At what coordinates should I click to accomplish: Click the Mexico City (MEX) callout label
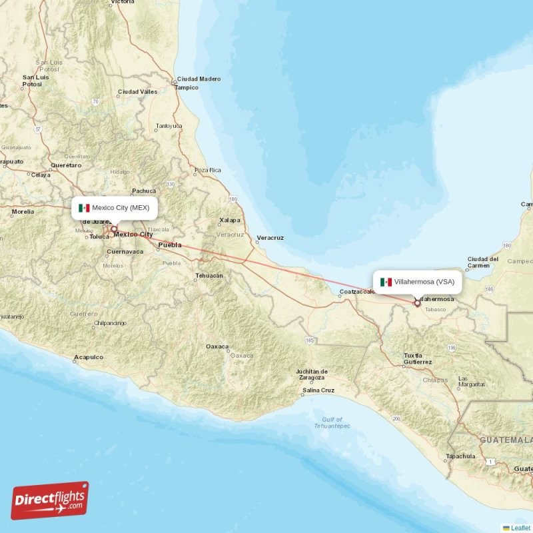coord(115,208)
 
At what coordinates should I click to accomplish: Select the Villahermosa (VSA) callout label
coord(418,282)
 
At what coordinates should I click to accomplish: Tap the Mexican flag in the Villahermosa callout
coord(386,282)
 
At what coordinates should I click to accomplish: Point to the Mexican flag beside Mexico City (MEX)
coord(84,208)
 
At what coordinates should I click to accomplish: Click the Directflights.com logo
coord(50,500)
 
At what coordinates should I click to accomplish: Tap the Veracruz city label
coord(270,238)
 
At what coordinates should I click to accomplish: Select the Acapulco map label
coord(89,357)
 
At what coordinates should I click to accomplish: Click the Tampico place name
coord(187,87)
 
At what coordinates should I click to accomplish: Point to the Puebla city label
coord(169,245)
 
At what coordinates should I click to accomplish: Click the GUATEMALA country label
coord(507,440)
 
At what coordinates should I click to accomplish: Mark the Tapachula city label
coord(461,456)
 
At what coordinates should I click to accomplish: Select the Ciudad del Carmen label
coord(483,262)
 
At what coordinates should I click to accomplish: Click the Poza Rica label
coord(207,171)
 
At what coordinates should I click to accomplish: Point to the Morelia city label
coord(23,212)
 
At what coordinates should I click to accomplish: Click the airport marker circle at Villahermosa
coord(418,303)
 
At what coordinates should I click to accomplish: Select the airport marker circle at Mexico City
coord(114,229)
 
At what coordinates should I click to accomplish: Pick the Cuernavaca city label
coord(125,252)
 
